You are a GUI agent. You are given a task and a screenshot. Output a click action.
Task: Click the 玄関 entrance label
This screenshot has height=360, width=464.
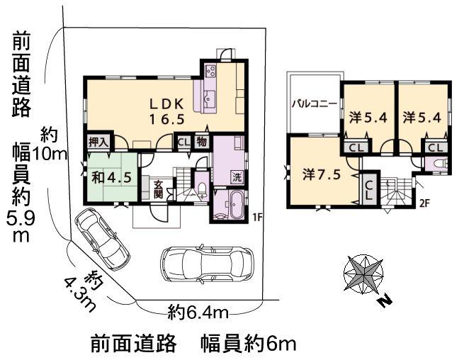pyautogui.click(x=159, y=190)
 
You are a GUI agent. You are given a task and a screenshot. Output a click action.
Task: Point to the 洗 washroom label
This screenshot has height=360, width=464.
pyautogui.click(x=237, y=176)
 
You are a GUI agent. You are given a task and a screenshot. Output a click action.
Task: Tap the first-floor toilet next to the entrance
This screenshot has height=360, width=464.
pyautogui.click(x=202, y=189)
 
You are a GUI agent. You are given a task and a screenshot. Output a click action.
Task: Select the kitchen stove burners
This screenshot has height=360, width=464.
pyautogui.click(x=210, y=71)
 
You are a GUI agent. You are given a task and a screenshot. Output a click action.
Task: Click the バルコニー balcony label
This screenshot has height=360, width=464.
pyautogui.click(x=313, y=103)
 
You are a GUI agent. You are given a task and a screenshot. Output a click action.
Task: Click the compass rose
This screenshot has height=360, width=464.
pyautogui.click(x=363, y=274)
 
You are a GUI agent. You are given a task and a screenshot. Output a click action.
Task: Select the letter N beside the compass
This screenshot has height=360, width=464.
pyautogui.click(x=385, y=301)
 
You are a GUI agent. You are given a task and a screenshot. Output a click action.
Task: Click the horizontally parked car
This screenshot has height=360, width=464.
pyautogui.click(x=207, y=264)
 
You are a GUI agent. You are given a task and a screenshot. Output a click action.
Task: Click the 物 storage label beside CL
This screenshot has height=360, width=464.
pyautogui.click(x=202, y=141)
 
